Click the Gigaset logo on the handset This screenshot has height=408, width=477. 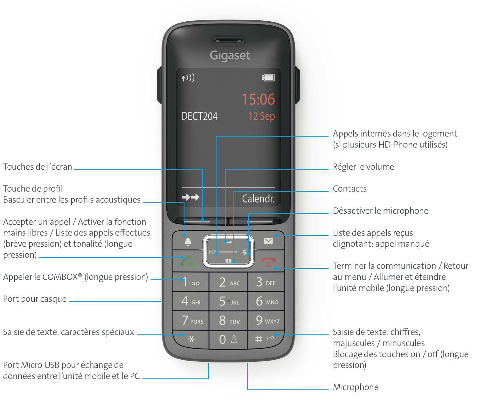pyautogui.click(x=230, y=56)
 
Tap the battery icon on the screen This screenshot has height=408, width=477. pyautogui.click(x=268, y=78)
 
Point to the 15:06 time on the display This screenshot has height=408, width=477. pyautogui.click(x=258, y=99)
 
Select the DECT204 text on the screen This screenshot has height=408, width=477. pyautogui.click(x=199, y=116)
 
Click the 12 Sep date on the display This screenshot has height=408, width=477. pyautogui.click(x=261, y=116)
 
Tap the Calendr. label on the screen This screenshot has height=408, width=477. pyautogui.click(x=258, y=199)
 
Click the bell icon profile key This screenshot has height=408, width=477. pyautogui.click(x=188, y=242)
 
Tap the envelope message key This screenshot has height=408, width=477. pyautogui.click(x=268, y=241)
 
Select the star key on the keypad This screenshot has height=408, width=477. pyautogui.click(x=191, y=339)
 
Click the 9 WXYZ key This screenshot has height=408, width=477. pyautogui.click(x=267, y=320)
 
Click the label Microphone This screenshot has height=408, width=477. pyautogui.click(x=356, y=387)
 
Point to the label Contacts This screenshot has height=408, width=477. pyautogui.click(x=349, y=189)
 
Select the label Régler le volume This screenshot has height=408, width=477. pyautogui.click(x=363, y=167)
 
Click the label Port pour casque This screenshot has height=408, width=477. pyautogui.click(x=35, y=299)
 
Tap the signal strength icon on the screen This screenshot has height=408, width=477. pyautogui.click(x=188, y=78)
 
